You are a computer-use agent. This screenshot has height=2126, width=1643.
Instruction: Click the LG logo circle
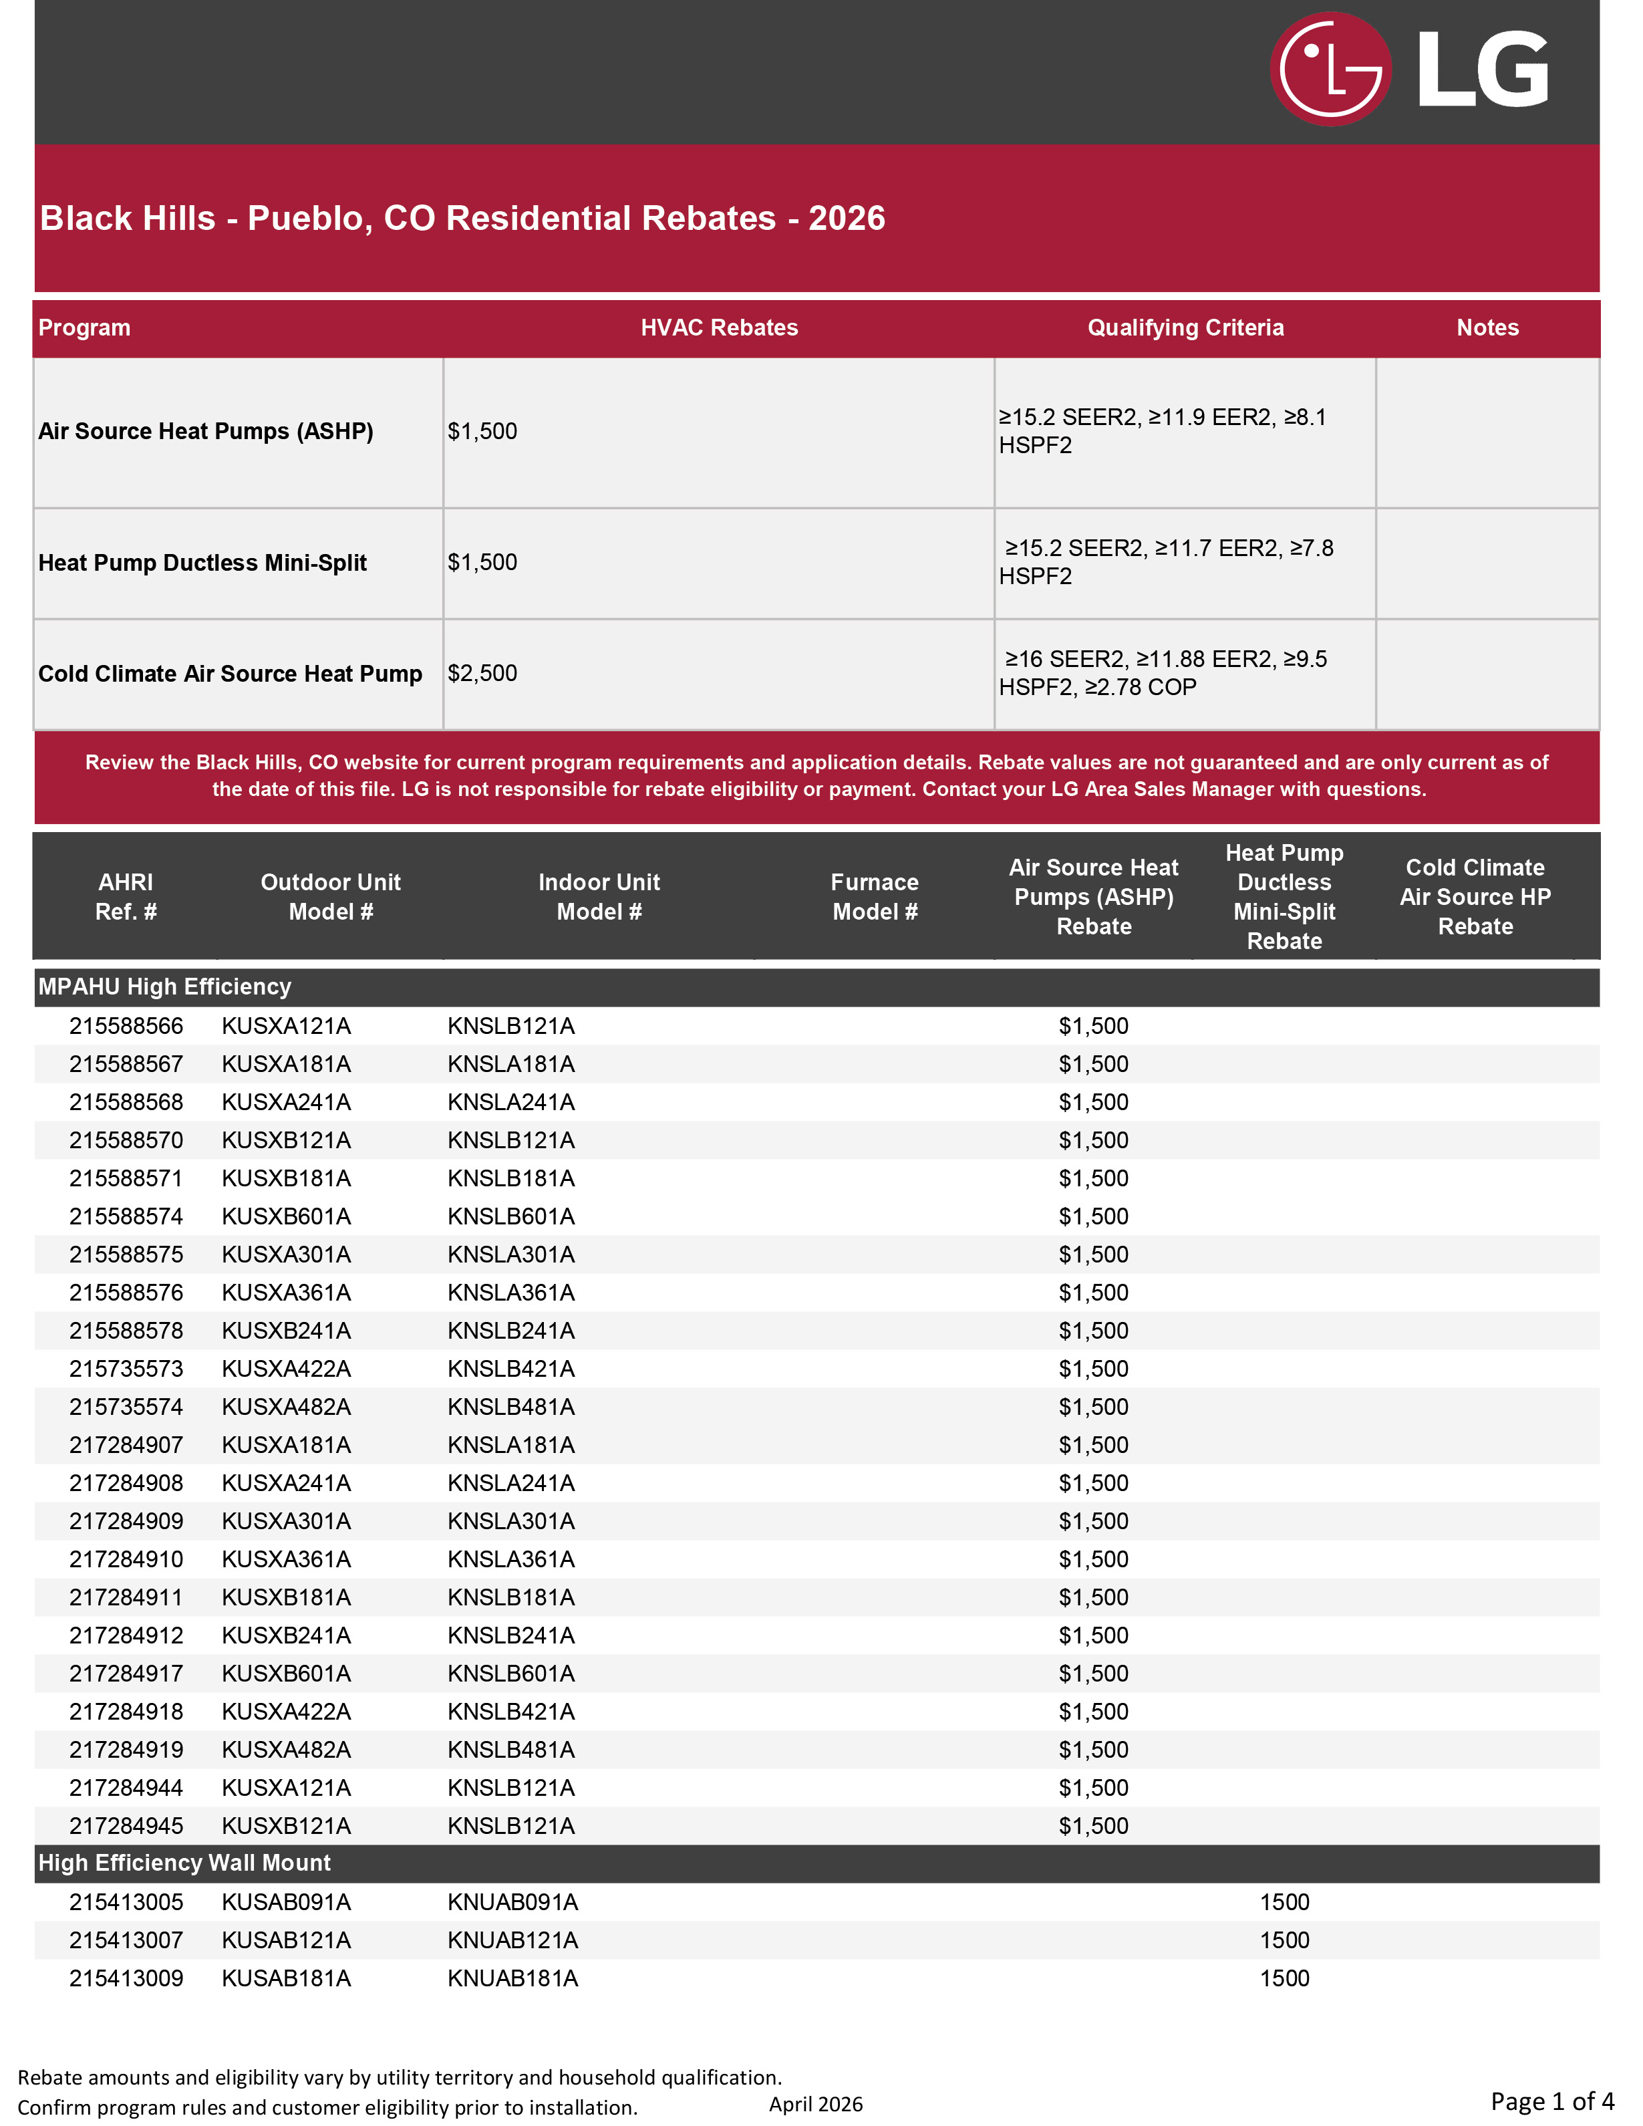1330,68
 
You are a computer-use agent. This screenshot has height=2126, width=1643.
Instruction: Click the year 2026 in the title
846,218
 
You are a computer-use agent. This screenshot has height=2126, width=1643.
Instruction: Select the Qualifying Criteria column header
1185,328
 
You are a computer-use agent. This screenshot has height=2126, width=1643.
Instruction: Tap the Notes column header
1486,328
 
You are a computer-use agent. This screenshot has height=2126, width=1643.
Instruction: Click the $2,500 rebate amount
482,674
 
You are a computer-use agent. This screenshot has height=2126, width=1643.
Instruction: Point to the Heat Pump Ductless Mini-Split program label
202,563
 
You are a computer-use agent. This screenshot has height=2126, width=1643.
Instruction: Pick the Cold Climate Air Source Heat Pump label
230,674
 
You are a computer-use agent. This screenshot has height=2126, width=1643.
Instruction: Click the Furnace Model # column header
874,896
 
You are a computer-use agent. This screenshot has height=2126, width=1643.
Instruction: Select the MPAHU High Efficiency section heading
164,987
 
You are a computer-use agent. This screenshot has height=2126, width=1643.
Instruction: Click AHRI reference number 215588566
126,1026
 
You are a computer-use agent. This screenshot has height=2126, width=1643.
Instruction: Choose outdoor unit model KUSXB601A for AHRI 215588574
286,1217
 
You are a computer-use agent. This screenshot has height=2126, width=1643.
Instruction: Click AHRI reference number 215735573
126,1369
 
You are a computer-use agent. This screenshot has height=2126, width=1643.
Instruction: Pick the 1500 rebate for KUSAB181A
1284,1978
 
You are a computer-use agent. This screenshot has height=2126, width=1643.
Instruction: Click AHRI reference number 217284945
126,1826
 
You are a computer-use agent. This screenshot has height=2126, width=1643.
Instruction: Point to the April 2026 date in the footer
816,2104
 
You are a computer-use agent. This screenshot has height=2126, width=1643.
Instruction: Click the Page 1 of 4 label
1551,2101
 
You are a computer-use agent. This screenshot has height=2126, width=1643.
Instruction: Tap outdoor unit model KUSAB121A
286,1940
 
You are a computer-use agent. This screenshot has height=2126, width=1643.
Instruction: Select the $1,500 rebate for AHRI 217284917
1093,1674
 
